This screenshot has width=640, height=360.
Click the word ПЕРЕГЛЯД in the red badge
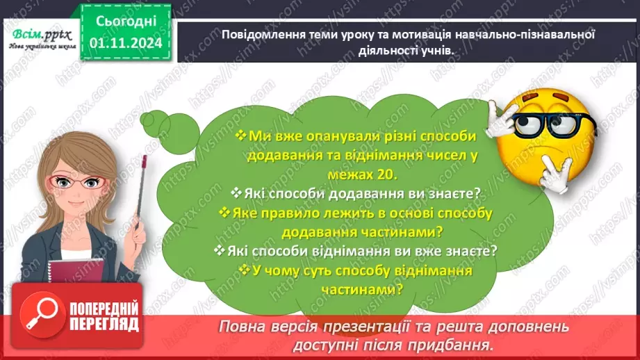104,324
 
